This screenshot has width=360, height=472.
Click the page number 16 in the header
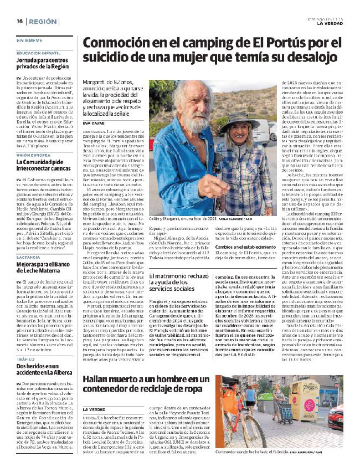[19, 21]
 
